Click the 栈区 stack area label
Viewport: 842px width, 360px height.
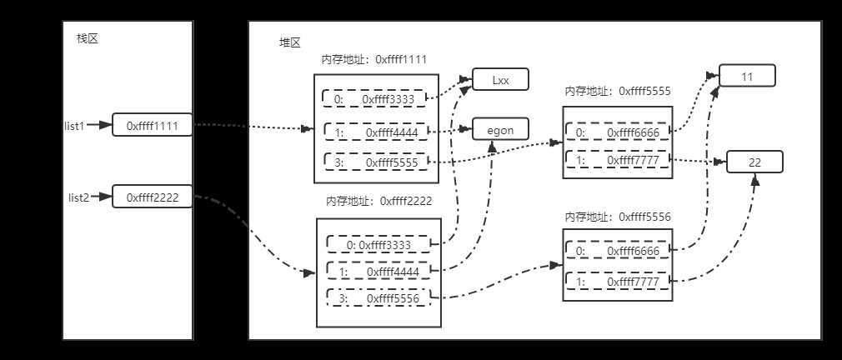coord(87,38)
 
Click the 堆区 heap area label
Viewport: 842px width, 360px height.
coord(289,43)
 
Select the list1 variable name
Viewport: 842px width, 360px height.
coord(76,126)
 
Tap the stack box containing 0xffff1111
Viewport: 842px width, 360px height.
coord(153,125)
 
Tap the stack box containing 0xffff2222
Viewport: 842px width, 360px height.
coord(153,197)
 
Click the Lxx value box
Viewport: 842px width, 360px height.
coord(500,80)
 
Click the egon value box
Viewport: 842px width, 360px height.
coord(500,129)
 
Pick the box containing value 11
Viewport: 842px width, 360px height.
coord(747,76)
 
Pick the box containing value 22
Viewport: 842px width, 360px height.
coord(754,162)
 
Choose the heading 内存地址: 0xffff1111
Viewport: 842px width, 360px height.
coord(374,60)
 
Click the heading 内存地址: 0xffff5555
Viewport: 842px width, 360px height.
coord(618,91)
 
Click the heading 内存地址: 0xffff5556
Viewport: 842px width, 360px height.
coord(618,217)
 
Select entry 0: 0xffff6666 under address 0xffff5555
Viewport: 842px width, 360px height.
coord(619,132)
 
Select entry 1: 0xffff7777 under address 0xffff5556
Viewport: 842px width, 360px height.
coord(619,282)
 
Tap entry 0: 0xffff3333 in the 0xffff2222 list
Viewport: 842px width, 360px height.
coord(380,245)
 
